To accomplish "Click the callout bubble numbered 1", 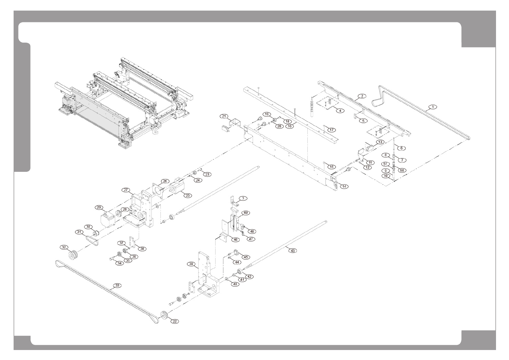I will coord(433,107).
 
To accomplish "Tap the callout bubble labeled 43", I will coord(292,250).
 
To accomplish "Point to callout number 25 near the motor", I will coord(188,195).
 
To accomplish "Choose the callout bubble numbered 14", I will coord(344,186).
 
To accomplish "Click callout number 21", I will coord(224,116).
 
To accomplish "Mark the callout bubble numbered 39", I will coord(191,264).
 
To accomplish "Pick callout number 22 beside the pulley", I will coord(175,321).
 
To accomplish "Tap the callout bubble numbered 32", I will coord(63,247).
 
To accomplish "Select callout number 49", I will coord(245,213).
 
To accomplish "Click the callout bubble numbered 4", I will coord(340,111).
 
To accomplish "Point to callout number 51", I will coord(385,164).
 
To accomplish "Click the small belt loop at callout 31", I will coord(92,240).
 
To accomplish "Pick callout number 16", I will coord(290,126).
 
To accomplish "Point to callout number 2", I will coord(361,96).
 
